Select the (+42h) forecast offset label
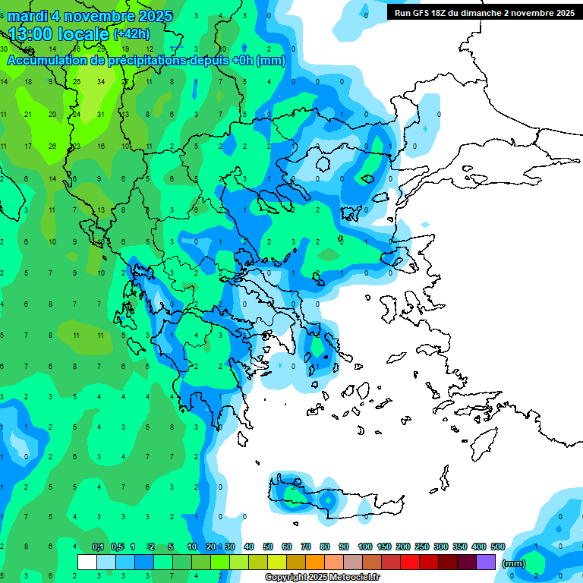click(x=131, y=33)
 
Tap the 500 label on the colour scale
click(x=498, y=547)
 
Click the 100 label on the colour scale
click(x=365, y=547)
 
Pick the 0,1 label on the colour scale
click(x=98, y=547)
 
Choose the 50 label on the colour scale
click(x=268, y=547)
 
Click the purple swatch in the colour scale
click(x=486, y=562)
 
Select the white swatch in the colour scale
click(x=87, y=562)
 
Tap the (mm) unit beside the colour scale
click(x=514, y=563)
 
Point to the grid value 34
click(x=101, y=82)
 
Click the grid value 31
click(x=101, y=115)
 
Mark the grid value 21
click(x=28, y=115)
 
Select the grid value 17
click(x=28, y=147)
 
